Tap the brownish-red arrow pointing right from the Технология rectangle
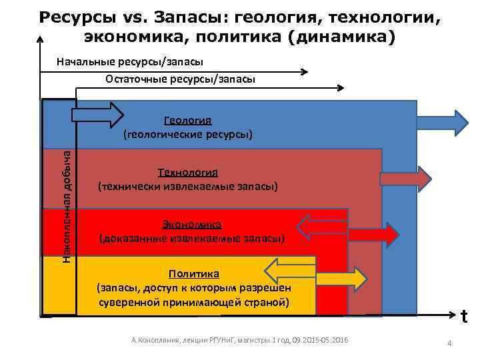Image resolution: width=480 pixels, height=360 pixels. pos(407,179)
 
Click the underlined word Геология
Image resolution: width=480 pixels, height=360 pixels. pos(187,120)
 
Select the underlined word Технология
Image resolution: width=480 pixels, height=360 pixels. pos(187,172)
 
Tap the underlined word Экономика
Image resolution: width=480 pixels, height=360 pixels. pos(191,224)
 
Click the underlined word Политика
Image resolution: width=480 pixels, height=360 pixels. pos(193,273)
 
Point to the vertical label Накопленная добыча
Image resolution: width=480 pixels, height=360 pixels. pos(67,205)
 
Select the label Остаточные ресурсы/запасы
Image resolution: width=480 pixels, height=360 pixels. pos(180,79)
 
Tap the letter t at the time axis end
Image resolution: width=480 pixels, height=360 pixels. pos(464,318)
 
